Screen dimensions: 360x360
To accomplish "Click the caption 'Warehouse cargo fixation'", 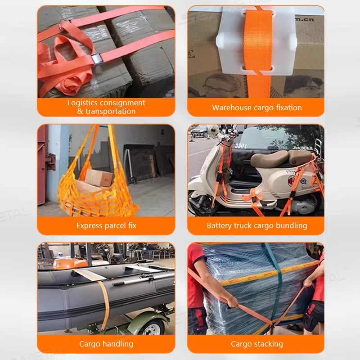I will [256, 108].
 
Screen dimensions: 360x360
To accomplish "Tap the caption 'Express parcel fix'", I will [106, 225].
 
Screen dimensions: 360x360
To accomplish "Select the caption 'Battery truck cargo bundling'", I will [256, 225].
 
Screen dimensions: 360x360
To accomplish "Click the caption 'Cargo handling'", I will [106, 344].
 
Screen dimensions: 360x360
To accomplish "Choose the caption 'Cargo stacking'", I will [256, 344].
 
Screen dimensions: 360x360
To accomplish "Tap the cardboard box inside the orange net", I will [99, 178].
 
